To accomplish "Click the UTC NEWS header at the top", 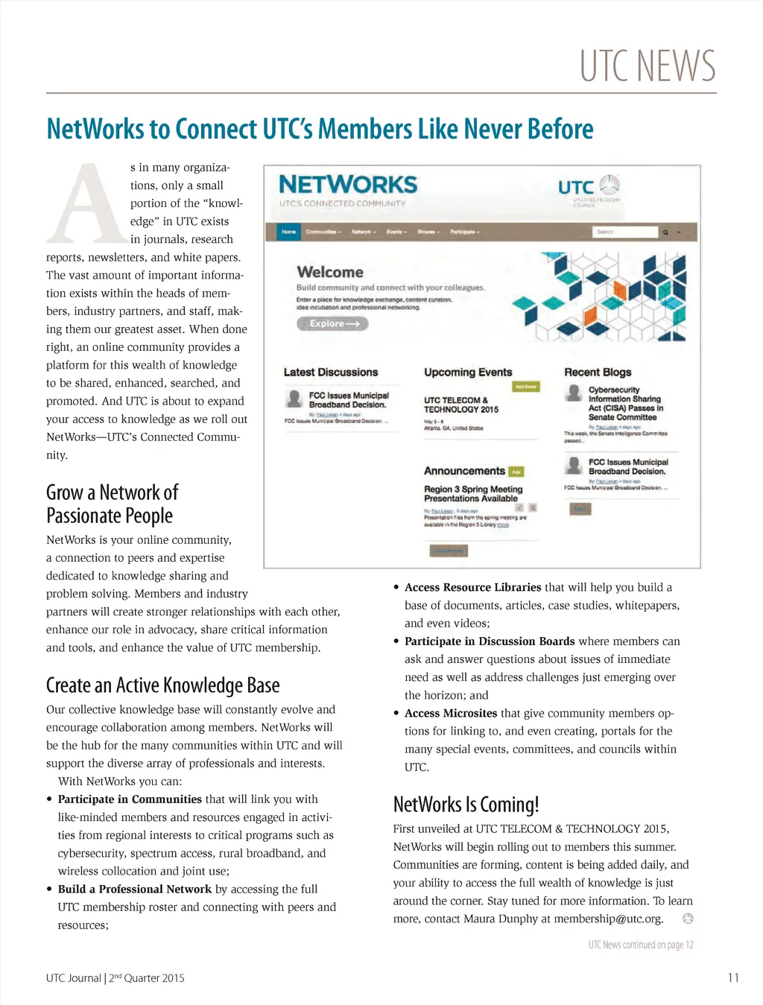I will pyautogui.click(x=648, y=66).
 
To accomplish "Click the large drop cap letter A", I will pyautogui.click(x=87, y=203).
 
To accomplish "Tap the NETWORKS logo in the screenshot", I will pyautogui.click(x=348, y=185).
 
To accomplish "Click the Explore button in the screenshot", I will pyautogui.click(x=332, y=323).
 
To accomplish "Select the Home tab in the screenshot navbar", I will pyautogui.click(x=288, y=232).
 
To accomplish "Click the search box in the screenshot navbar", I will pyautogui.click(x=626, y=232).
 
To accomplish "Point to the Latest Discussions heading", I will pyautogui.click(x=331, y=372).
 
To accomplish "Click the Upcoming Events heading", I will pyautogui.click(x=468, y=372).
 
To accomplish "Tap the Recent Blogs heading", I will pyautogui.click(x=598, y=372).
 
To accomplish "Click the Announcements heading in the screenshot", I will pyautogui.click(x=464, y=471).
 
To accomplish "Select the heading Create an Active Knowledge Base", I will pyautogui.click(x=162, y=685).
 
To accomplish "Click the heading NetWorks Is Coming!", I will pyautogui.click(x=466, y=804).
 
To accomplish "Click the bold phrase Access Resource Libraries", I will pyautogui.click(x=472, y=587).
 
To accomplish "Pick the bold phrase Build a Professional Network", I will pyautogui.click(x=135, y=889).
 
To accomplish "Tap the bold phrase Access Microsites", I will pyautogui.click(x=451, y=713).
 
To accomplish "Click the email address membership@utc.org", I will pyautogui.click(x=608, y=919).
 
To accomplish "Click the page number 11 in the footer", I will pyautogui.click(x=733, y=977).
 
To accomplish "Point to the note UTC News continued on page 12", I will pyautogui.click(x=641, y=945).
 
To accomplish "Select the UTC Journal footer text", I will pyautogui.click(x=115, y=977).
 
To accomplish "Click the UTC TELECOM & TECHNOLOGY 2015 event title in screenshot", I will pyautogui.click(x=461, y=405).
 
